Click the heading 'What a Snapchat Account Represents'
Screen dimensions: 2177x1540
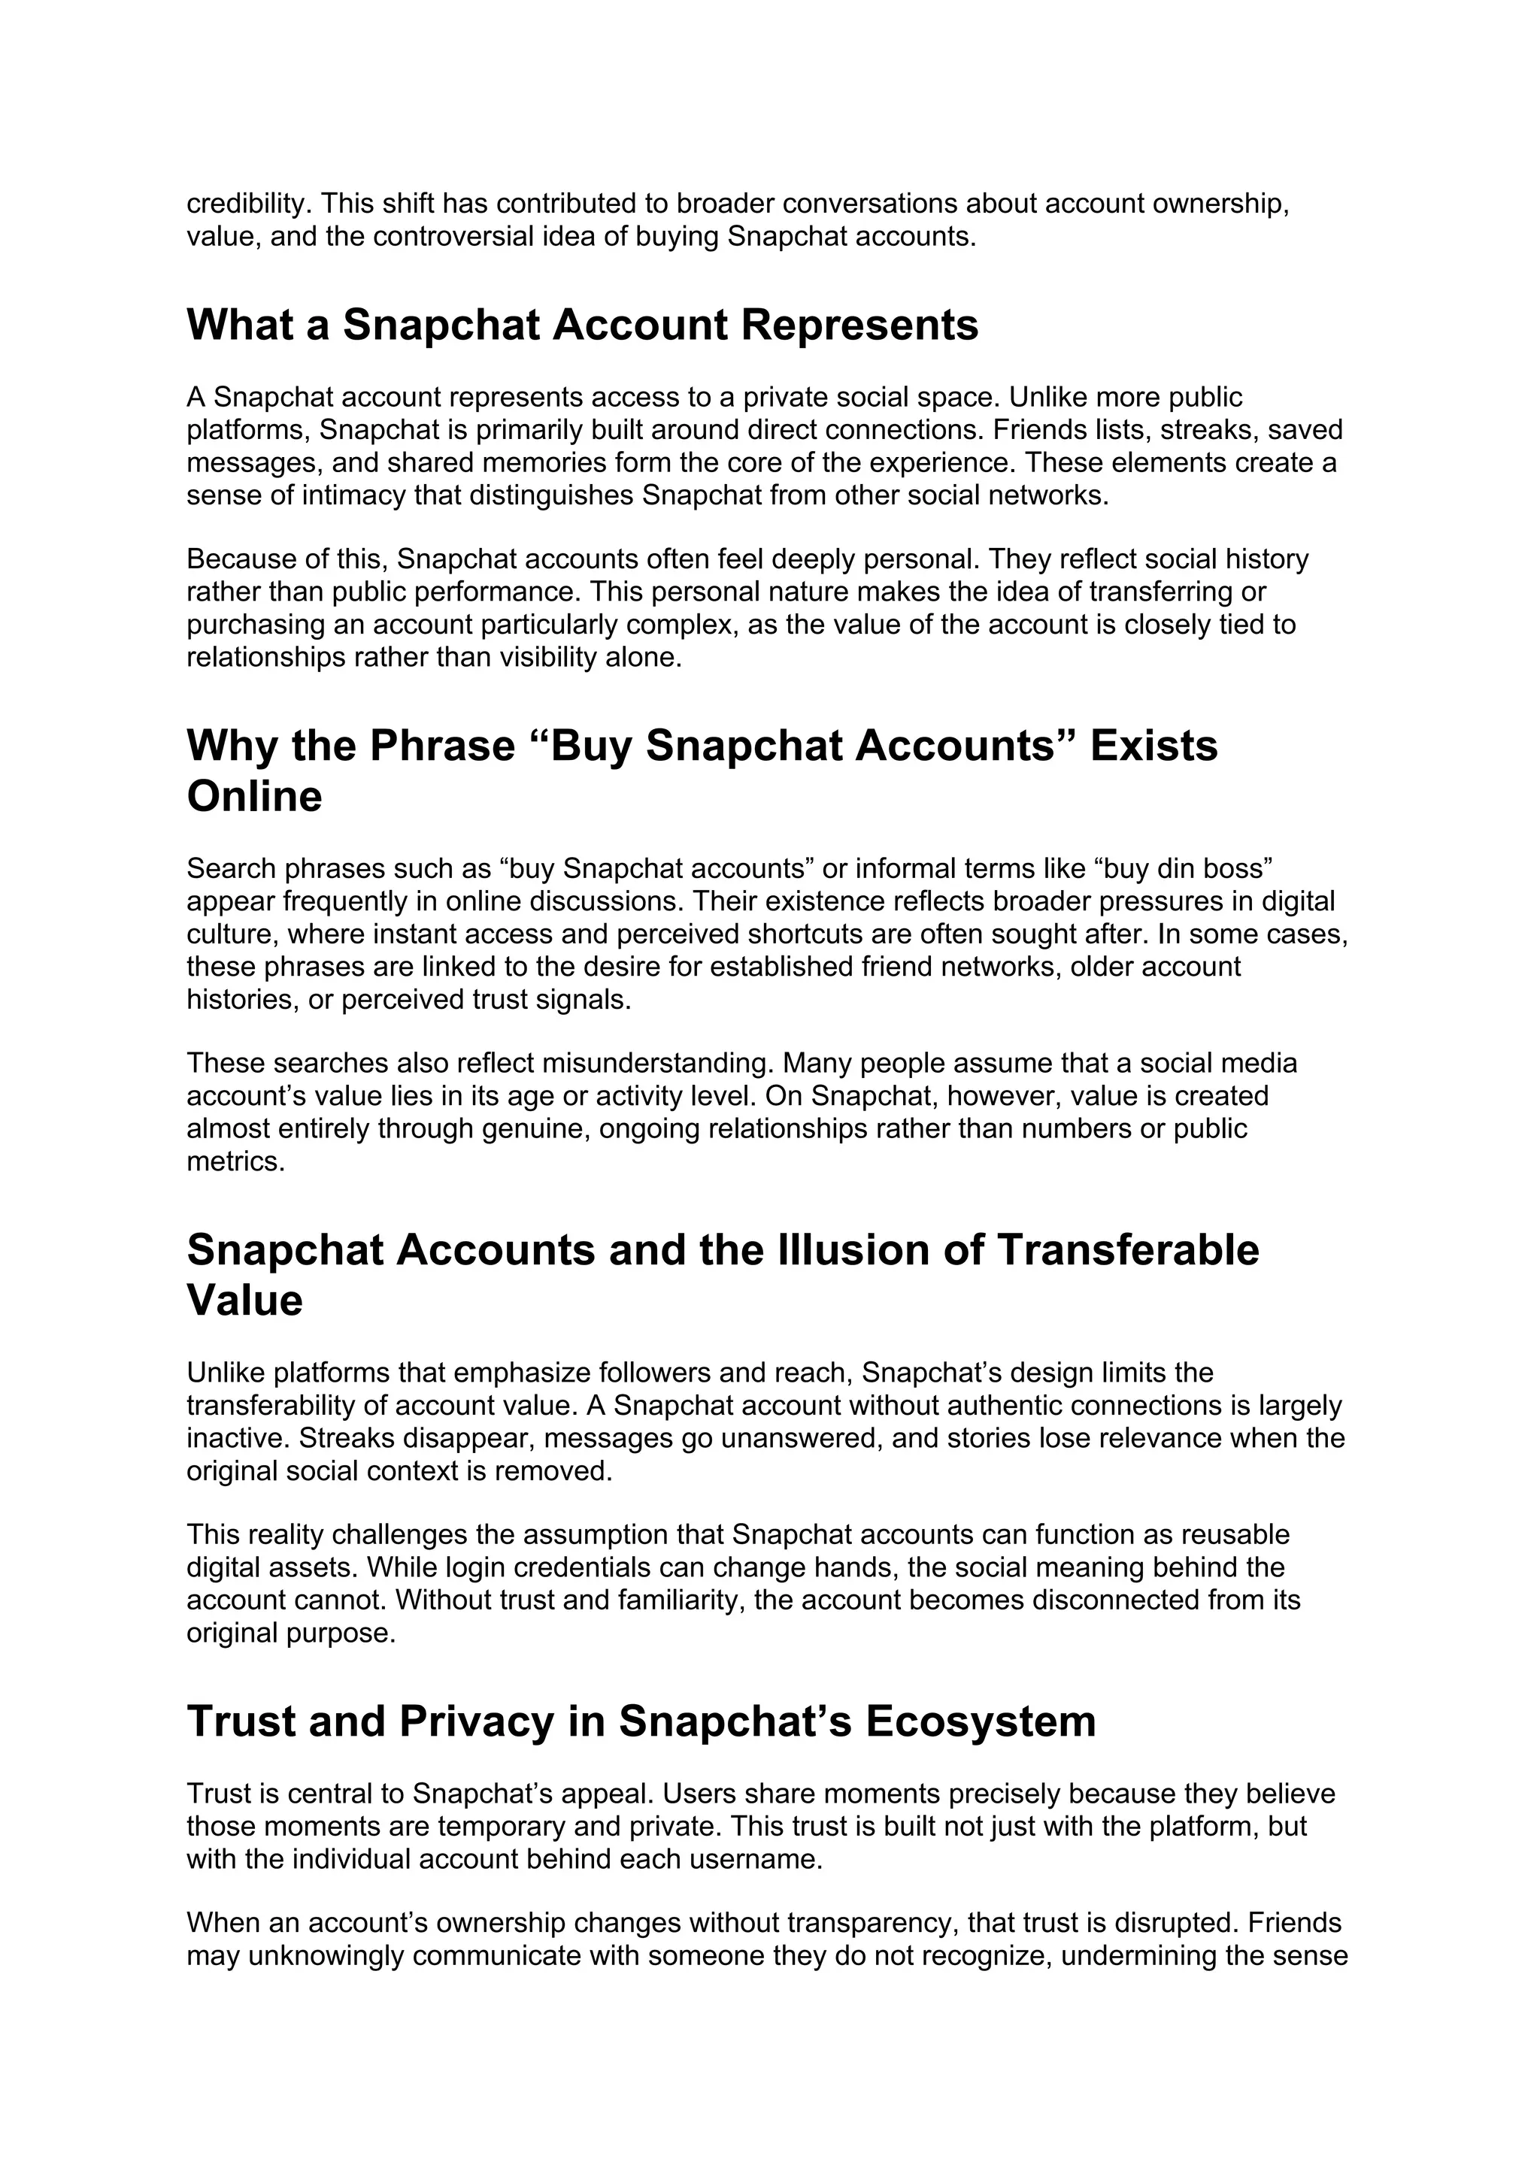(582, 325)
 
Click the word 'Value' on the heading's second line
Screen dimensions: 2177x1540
(244, 1300)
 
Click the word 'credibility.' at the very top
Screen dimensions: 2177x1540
(248, 204)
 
